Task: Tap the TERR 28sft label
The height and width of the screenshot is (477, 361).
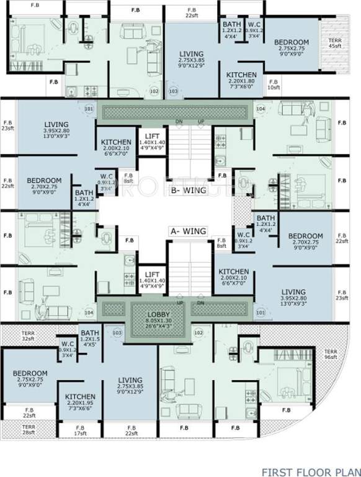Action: tap(29, 429)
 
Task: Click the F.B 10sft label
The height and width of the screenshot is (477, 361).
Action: tap(273, 84)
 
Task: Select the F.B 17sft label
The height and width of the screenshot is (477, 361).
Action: tap(80, 430)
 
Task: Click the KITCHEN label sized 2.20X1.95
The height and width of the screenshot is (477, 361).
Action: tap(80, 396)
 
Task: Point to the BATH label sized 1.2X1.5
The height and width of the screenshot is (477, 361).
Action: tap(89, 333)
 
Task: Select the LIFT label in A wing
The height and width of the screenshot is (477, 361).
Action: tap(152, 275)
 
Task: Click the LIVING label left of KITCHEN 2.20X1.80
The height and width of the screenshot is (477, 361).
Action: tap(191, 54)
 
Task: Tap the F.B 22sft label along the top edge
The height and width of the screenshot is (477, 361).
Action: tap(190, 13)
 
